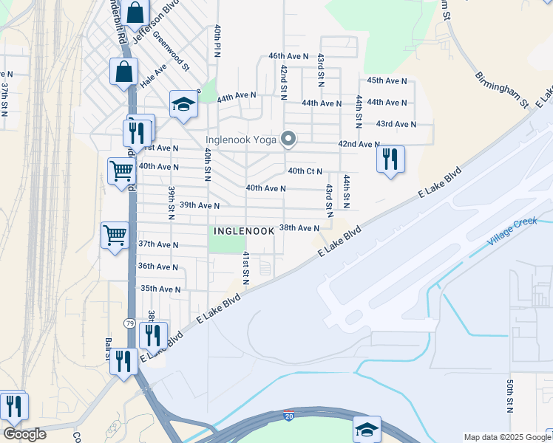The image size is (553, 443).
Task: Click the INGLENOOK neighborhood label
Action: click(244, 231)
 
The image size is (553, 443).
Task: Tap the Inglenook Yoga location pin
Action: click(289, 139)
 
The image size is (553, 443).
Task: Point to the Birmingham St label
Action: click(500, 88)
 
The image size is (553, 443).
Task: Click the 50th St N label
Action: click(510, 396)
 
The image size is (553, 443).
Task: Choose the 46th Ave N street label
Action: click(288, 56)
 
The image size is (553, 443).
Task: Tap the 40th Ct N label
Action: click(305, 171)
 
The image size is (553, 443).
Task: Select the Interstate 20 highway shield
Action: click(289, 416)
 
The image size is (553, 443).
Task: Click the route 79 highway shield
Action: click(129, 323)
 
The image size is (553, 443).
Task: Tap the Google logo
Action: click(24, 434)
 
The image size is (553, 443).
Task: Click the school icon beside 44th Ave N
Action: click(183, 104)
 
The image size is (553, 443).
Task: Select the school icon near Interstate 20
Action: click(367, 428)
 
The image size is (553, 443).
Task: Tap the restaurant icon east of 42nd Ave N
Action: click(390, 159)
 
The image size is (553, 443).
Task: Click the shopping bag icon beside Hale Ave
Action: click(123, 72)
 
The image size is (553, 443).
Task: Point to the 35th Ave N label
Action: click(160, 289)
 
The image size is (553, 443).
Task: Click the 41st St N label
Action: click(246, 268)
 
